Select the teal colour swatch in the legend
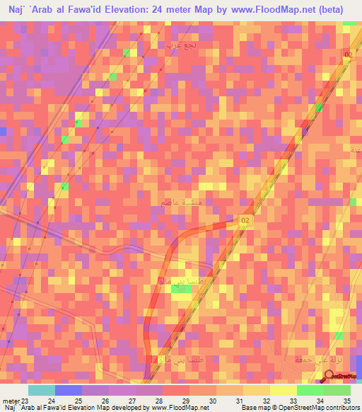tap(42, 390)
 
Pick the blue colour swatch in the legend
tap(69, 390)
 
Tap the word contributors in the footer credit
tap(341, 408)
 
